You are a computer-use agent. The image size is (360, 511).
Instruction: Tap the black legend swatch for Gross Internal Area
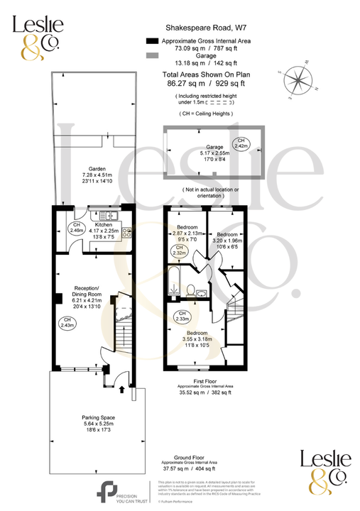coord(151,41)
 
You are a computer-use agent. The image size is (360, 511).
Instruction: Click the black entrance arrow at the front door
coord(121,389)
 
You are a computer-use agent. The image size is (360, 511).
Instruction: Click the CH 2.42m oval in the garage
coord(242,143)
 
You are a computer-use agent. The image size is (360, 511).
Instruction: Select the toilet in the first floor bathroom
coord(190,290)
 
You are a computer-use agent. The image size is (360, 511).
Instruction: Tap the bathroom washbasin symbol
coord(203,292)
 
